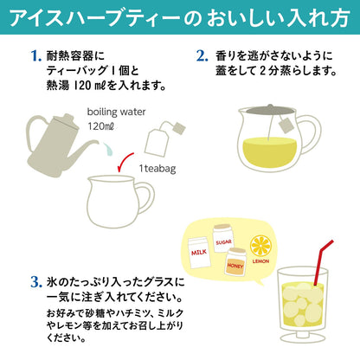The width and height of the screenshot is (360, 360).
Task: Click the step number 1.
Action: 36,55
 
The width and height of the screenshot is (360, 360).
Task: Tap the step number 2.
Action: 202,55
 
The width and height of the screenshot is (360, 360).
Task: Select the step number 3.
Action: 36,282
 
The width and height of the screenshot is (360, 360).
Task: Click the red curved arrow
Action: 125,163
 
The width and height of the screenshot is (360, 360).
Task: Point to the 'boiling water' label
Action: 116,112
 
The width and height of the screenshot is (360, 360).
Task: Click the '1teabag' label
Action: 157,168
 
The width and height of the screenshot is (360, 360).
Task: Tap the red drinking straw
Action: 322,262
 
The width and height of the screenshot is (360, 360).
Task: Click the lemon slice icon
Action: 261,246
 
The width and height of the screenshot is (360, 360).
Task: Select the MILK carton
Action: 199,253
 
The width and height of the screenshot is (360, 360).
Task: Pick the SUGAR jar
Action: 223,239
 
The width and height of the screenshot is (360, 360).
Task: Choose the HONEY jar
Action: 235,262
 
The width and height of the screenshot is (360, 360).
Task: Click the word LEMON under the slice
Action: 260,261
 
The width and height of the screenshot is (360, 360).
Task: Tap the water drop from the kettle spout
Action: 107,149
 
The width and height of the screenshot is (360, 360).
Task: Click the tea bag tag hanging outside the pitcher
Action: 286,125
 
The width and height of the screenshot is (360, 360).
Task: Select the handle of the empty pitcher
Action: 146,198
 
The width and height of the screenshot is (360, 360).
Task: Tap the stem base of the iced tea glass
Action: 303,338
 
